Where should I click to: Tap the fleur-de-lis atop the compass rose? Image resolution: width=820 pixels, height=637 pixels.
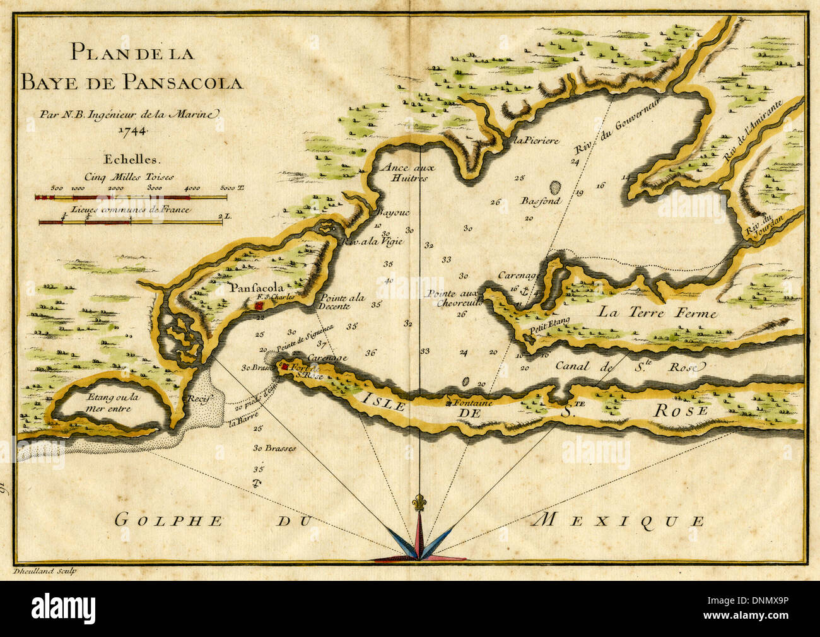click(416, 503)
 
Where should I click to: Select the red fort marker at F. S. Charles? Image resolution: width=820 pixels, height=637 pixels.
click(259, 305)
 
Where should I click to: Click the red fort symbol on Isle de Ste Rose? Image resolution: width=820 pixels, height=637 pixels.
click(286, 366)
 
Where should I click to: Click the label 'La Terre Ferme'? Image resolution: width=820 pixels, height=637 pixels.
click(657, 312)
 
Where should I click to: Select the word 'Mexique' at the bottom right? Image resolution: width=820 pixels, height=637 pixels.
click(618, 520)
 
